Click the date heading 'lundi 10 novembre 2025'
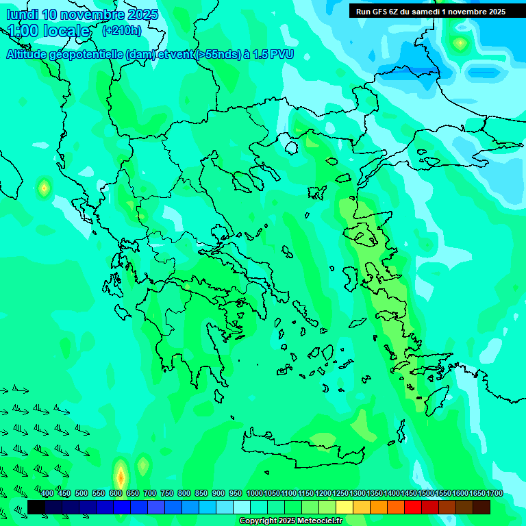point(82,14)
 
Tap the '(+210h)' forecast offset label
point(121,30)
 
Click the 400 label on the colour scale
point(47,493)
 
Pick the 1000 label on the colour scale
point(254,493)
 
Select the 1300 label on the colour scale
point(357,493)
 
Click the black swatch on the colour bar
point(36,507)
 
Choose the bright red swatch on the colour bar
point(413,507)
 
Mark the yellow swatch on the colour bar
point(345,507)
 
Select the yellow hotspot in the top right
point(460,44)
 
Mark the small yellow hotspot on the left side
point(45,187)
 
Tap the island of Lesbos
point(364,236)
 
